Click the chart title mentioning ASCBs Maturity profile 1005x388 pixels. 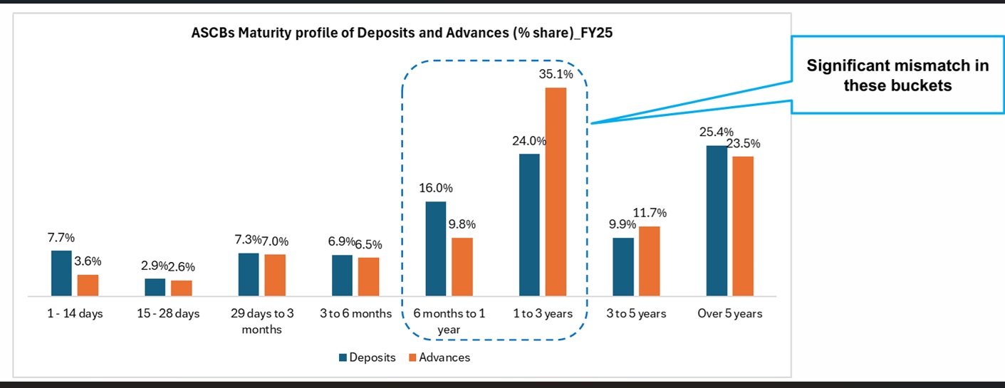(x=402, y=32)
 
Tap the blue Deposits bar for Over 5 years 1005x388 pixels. (x=717, y=221)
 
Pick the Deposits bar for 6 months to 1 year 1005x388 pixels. (x=436, y=248)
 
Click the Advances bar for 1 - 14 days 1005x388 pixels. (x=88, y=285)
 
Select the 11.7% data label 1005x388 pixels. (x=650, y=213)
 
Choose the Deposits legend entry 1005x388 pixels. (x=365, y=357)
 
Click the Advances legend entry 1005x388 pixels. (x=439, y=357)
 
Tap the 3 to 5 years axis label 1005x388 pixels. (x=636, y=314)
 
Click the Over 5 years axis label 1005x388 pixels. (x=730, y=314)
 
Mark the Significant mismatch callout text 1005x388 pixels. (x=897, y=75)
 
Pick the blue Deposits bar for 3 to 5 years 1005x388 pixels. (x=623, y=266)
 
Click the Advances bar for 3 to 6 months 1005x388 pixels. (x=368, y=276)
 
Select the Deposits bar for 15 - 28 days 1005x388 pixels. (x=155, y=287)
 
